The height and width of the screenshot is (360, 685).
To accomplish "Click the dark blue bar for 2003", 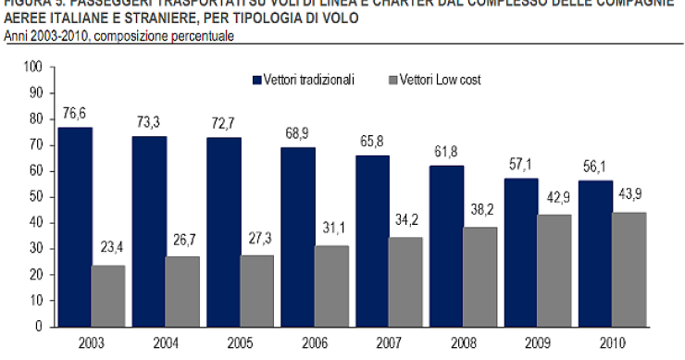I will [75, 227].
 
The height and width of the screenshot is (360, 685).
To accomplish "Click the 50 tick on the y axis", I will [36, 197].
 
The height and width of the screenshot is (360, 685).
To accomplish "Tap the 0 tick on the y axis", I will [39, 327].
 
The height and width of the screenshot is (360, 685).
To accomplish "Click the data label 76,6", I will [75, 113].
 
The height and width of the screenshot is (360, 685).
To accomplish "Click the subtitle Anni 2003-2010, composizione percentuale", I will [118, 36].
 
